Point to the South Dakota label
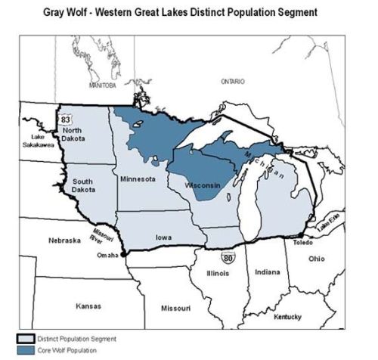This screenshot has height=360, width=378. pyautogui.click(x=82, y=186)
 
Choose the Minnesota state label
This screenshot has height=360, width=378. pyautogui.click(x=138, y=178)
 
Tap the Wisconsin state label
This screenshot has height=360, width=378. pyautogui.click(x=201, y=185)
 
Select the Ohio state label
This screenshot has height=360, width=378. pyautogui.click(x=316, y=259)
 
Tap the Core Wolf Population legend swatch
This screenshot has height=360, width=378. pyautogui.click(x=28, y=350)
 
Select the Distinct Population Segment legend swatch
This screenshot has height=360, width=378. pyautogui.click(x=28, y=338)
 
